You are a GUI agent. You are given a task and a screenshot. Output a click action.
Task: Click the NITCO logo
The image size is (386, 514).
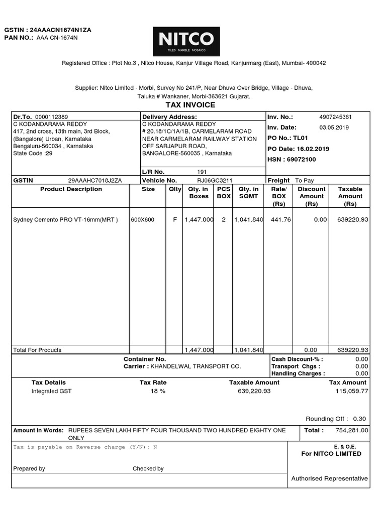(x=186, y=41)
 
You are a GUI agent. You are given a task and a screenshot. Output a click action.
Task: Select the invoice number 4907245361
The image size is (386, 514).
(x=336, y=117)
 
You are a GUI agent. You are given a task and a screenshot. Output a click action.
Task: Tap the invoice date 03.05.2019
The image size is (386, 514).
(x=334, y=127)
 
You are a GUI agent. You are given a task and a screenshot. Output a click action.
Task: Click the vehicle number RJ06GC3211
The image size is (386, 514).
(x=215, y=180)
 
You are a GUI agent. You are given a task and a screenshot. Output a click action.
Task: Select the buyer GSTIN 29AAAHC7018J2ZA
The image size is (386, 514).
(x=95, y=180)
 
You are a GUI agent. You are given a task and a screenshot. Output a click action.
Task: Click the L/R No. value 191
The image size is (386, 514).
(x=202, y=172)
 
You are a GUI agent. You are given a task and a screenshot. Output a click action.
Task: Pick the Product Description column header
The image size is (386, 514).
(x=71, y=189)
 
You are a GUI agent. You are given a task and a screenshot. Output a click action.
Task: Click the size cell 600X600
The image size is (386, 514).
(x=143, y=219)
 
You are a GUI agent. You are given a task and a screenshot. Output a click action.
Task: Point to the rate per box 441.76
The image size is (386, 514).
(x=281, y=219)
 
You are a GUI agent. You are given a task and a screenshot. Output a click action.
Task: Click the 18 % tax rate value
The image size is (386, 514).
(x=158, y=391)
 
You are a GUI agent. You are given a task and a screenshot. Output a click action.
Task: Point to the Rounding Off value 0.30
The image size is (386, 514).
(x=359, y=419)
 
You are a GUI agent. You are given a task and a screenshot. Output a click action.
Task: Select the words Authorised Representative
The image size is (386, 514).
(x=329, y=478)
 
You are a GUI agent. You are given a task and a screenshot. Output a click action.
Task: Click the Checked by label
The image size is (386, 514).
(x=148, y=468)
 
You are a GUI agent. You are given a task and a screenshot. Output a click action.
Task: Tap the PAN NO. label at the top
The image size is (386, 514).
(x=19, y=38)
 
